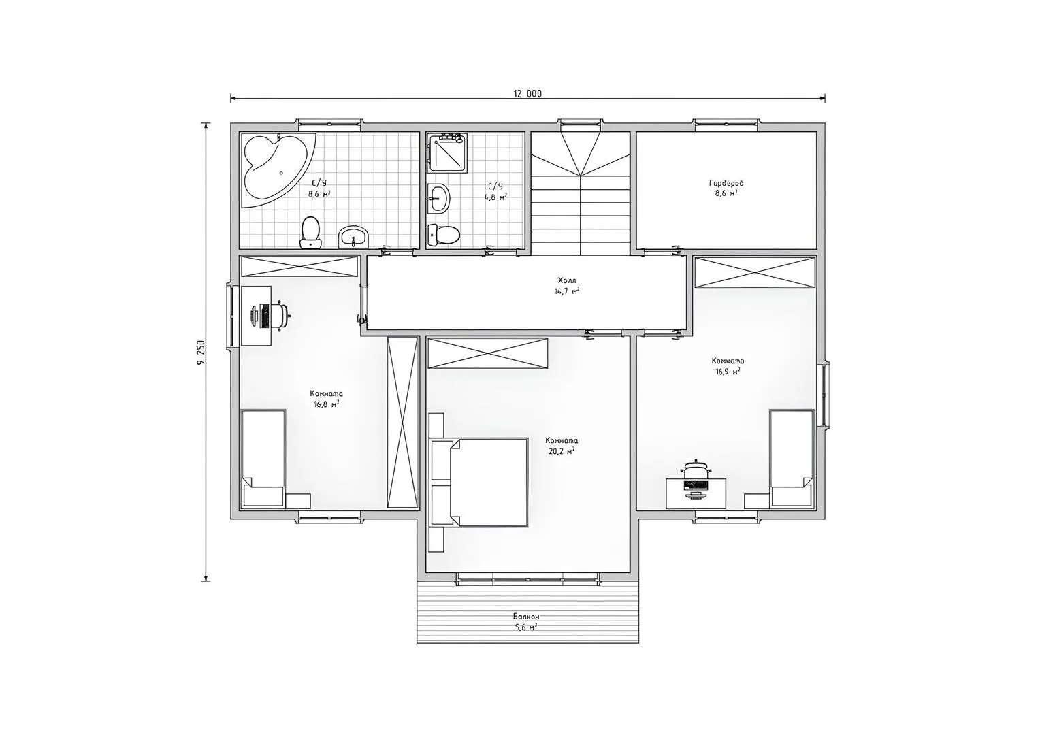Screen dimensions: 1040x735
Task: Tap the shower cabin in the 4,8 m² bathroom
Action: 448,152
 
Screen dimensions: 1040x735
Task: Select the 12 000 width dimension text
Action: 527,94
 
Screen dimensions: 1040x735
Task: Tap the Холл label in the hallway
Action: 567,280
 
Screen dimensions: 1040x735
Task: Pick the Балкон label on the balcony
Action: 526,617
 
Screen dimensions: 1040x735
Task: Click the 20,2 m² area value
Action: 562,451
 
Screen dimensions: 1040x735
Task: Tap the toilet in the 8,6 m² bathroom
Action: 310,233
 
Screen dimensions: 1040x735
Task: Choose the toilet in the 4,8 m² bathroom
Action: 444,235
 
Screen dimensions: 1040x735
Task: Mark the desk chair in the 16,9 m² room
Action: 696,469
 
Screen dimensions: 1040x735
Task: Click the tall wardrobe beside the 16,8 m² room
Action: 402,422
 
